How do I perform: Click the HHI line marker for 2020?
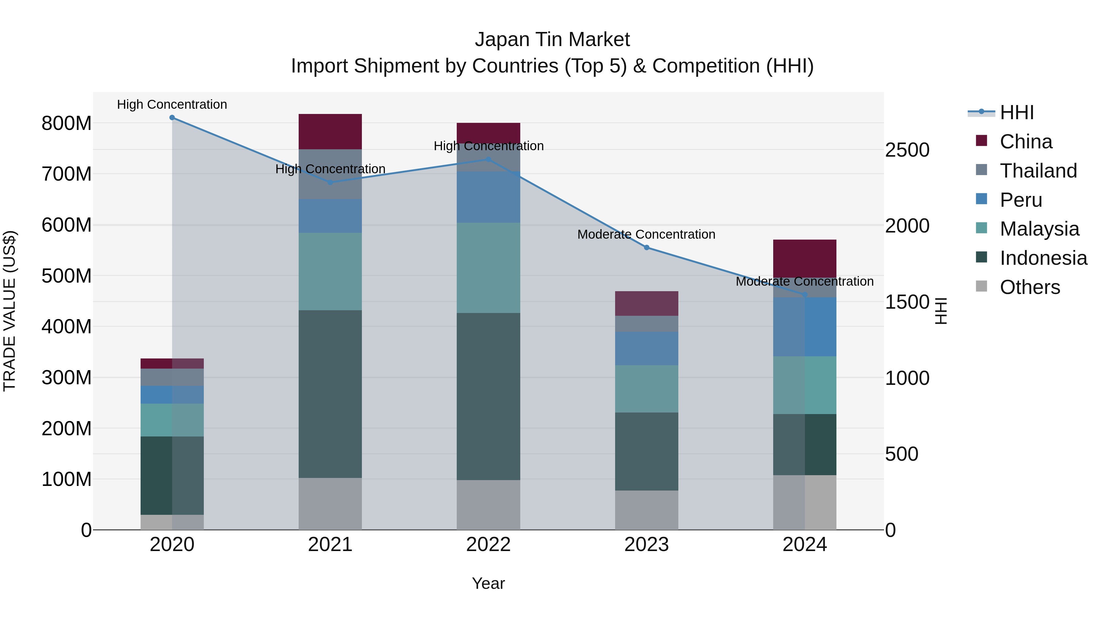[x=172, y=118]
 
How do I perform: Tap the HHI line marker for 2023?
[x=646, y=248]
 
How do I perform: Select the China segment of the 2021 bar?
[x=330, y=132]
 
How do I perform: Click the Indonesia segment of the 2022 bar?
[x=488, y=396]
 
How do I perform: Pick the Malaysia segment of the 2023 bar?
[x=646, y=389]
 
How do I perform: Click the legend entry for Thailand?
[x=1038, y=171]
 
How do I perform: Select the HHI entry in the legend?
[x=1016, y=112]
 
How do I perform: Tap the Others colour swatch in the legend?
[x=982, y=286]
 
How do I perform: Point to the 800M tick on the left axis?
[x=67, y=123]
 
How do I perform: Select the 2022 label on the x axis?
[x=488, y=545]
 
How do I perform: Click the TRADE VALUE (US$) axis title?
[x=10, y=311]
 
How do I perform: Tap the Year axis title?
[x=488, y=583]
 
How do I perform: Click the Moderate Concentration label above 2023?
[x=646, y=234]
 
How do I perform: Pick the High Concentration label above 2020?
[x=172, y=104]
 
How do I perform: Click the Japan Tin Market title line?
[x=552, y=40]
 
